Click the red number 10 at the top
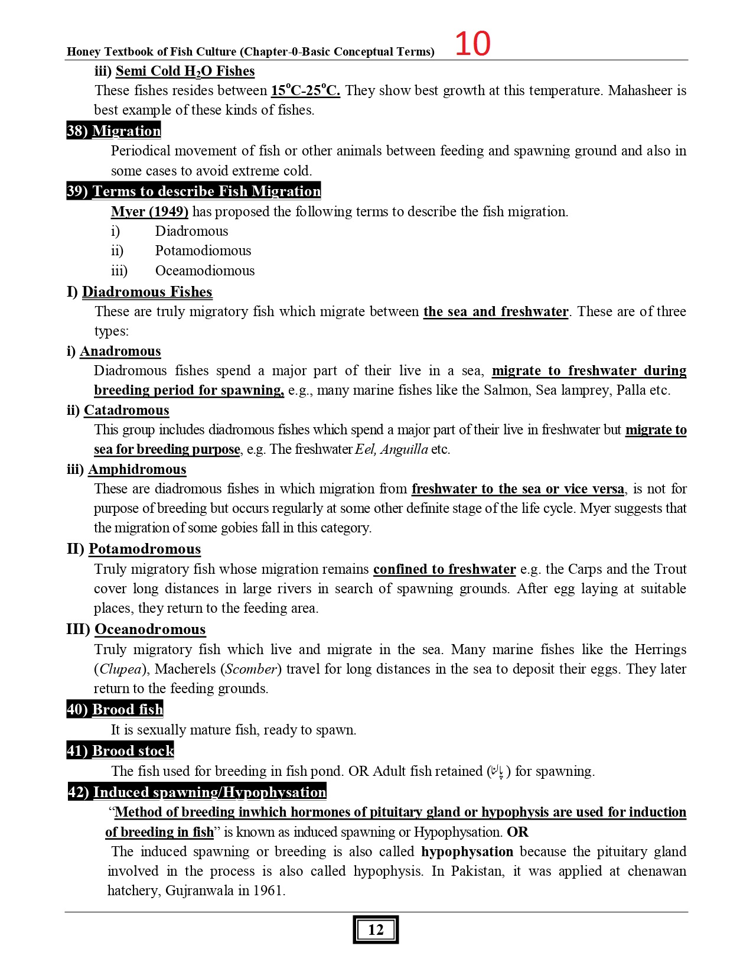click(x=472, y=44)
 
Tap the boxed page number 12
click(x=376, y=929)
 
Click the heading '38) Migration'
click(x=113, y=131)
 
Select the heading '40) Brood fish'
click(x=115, y=709)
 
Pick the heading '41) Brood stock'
click(x=120, y=750)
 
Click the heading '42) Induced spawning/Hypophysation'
click(x=197, y=792)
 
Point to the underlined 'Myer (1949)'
click(x=149, y=212)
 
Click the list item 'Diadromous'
click(x=191, y=231)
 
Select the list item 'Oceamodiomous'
click(x=205, y=271)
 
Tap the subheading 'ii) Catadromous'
click(x=118, y=410)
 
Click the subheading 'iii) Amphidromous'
click(x=126, y=469)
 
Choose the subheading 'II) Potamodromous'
click(x=134, y=549)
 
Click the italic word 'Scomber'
click(x=251, y=669)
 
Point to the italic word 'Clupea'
click(x=120, y=669)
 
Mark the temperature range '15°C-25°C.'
click(x=305, y=90)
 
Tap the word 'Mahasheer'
click(x=640, y=90)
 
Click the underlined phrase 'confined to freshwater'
click(x=444, y=569)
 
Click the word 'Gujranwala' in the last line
click(x=199, y=890)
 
